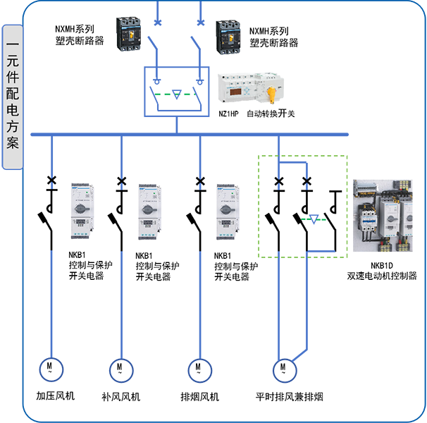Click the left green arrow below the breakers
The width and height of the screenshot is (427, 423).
(x=162, y=92)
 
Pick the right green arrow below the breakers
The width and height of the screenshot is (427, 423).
(x=187, y=93)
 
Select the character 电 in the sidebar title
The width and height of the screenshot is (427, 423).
(x=13, y=110)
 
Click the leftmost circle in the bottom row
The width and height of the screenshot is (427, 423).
(x=51, y=368)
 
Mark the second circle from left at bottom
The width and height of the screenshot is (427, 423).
(x=120, y=368)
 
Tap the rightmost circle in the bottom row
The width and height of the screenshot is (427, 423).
(x=285, y=368)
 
